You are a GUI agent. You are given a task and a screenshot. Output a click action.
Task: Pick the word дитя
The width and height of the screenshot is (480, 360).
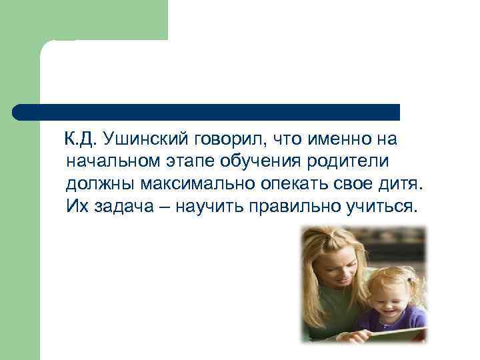[399, 183]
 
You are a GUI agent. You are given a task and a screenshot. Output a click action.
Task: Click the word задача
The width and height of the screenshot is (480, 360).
[124, 205]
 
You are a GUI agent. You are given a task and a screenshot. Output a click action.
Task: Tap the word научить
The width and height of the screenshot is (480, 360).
[211, 205]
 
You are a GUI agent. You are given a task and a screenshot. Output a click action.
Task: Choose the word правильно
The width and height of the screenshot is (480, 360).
[293, 205]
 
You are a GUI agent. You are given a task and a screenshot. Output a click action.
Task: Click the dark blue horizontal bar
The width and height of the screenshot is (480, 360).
[207, 111]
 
